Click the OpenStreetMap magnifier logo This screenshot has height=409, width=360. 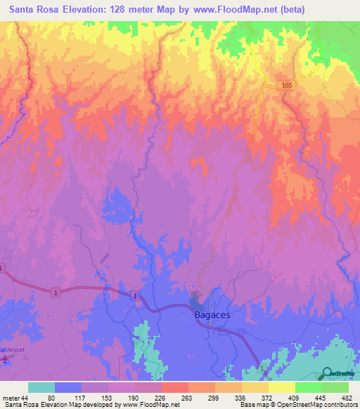327,372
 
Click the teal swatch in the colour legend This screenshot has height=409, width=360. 41,387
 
